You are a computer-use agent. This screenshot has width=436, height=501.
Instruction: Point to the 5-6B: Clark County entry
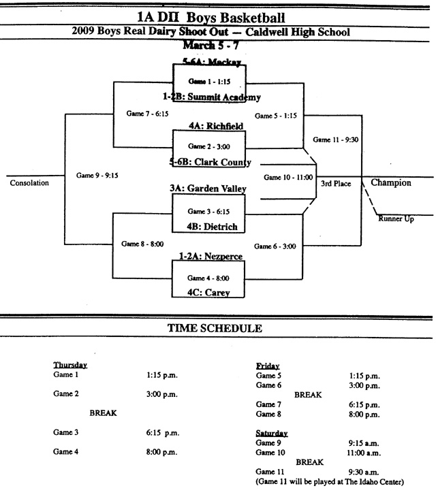click(211, 162)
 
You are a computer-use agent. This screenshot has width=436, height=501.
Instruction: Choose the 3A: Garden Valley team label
click(208, 189)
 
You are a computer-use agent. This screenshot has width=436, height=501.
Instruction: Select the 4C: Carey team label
click(208, 293)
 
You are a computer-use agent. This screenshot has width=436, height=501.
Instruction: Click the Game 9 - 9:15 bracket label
click(98, 175)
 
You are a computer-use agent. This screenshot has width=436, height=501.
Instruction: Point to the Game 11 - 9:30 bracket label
click(336, 140)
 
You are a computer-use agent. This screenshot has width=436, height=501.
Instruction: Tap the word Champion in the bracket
click(391, 182)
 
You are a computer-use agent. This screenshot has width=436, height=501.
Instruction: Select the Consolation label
click(29, 182)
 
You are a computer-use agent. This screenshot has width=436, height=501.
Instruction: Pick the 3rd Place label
click(336, 183)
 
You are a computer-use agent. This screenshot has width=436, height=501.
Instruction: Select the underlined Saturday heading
click(272, 433)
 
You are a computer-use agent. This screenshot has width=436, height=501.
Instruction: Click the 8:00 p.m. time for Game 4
click(161, 452)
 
